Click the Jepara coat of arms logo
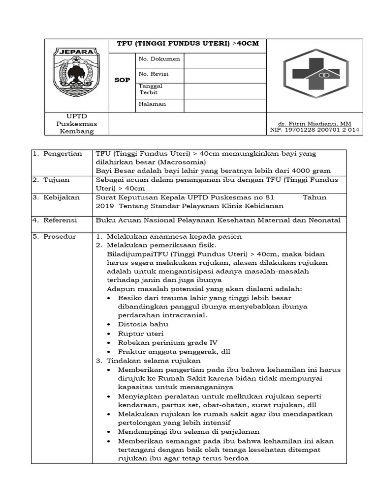[76, 72]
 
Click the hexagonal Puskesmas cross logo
[315, 74]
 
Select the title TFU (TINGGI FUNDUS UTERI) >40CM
[188, 44]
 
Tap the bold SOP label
[122, 80]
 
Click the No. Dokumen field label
[159, 59]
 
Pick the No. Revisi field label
[154, 74]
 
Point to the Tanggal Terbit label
[151, 89]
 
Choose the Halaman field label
[153, 104]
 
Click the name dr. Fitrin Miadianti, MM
[315, 123]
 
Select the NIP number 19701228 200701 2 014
[315, 130]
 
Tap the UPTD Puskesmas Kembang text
[76, 123]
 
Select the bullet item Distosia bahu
[143, 324]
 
